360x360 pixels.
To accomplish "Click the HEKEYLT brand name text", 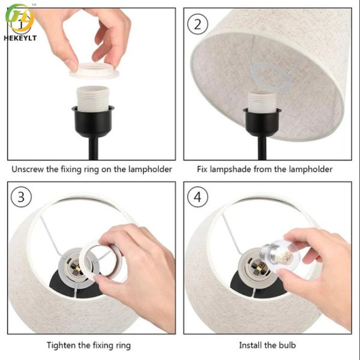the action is tap(20, 38).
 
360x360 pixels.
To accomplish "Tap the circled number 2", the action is tap(197, 24).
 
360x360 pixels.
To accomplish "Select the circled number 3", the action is tap(21, 197).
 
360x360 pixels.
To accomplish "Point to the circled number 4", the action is tap(197, 197).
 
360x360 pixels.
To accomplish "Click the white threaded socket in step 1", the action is tap(93, 98).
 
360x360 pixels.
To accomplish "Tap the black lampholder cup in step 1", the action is tap(93, 122).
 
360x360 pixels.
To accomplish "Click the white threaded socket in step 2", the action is tap(262, 101).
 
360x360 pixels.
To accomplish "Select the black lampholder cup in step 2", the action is tap(262, 122).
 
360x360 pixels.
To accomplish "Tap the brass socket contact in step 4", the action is tap(260, 267).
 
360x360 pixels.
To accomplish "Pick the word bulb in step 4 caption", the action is tap(287, 345).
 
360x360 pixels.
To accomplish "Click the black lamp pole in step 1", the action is tap(94, 148).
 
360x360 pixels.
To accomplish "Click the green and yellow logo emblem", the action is tap(20, 19).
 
